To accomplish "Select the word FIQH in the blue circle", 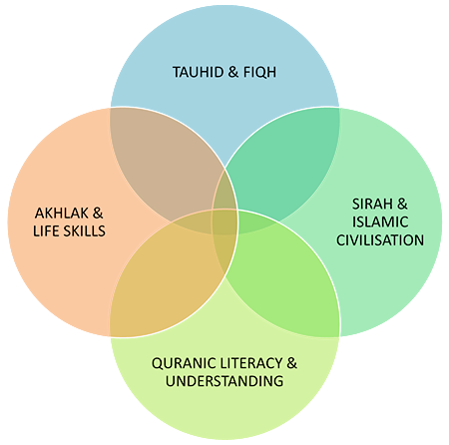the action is [x=259, y=73].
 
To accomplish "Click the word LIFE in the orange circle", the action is [x=46, y=231].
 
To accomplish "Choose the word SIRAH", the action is [x=372, y=204].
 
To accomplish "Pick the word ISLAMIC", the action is [x=380, y=222].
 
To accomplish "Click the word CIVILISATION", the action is [x=380, y=240].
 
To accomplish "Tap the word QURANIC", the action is [x=180, y=363].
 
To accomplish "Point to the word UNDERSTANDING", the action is [x=224, y=381].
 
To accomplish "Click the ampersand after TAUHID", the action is [x=233, y=72].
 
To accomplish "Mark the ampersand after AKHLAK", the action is [x=98, y=214].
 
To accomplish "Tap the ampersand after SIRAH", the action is [x=402, y=204].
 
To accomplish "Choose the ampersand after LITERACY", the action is [x=291, y=363].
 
